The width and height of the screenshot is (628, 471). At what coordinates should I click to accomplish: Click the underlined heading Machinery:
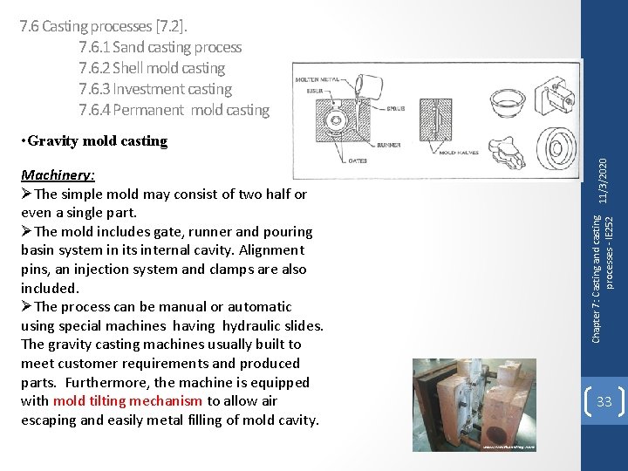coord(58,174)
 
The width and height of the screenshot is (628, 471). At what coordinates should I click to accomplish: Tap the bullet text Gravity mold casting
coord(96,140)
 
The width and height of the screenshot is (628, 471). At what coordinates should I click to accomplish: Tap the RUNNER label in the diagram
coord(389,145)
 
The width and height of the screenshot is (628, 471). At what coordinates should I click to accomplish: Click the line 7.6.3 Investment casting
coord(155,89)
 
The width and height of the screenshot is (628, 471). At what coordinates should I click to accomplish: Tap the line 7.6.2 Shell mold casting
coord(152,68)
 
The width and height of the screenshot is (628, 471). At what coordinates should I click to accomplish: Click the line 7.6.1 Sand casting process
coord(160,47)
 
